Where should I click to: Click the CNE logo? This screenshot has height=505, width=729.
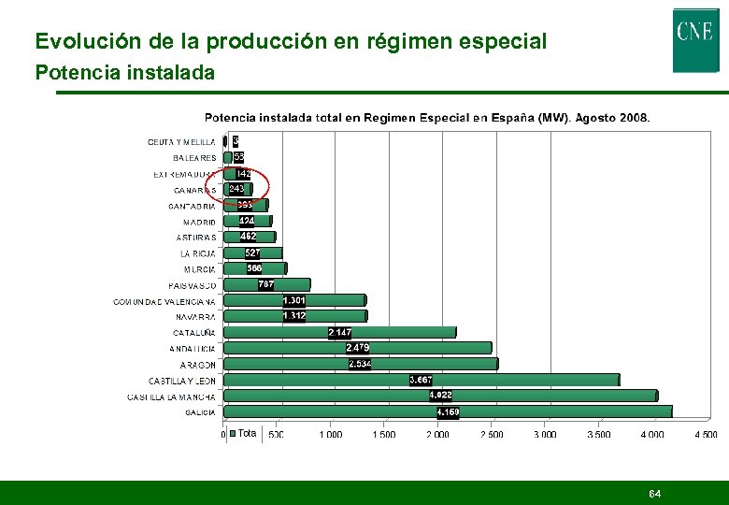695,39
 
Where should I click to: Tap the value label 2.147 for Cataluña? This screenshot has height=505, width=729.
340,333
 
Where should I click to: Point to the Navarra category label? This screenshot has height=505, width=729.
194,317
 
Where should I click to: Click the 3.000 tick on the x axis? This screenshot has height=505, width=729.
545,435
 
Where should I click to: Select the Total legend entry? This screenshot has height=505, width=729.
242,433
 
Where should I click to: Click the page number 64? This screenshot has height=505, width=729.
655,493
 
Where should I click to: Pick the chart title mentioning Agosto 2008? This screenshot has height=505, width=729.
427,118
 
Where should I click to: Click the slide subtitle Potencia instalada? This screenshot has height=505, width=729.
124,72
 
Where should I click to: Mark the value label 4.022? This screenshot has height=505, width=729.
440,396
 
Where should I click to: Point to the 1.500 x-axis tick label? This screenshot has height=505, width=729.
383,435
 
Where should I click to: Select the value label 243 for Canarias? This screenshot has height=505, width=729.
236,189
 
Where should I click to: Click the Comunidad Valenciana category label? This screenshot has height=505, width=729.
164,302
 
